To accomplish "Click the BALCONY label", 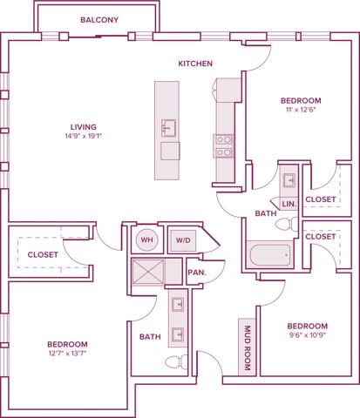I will [98, 19].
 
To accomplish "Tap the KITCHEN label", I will [195, 64].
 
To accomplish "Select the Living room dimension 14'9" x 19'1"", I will [84, 136].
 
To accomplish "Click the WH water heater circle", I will [146, 240].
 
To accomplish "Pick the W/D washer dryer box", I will [182, 240].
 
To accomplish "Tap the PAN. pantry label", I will [197, 273].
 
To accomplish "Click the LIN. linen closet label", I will [289, 204].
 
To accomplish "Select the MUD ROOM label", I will [248, 349].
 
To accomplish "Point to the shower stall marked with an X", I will [146, 272].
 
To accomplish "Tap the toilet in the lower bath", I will [173, 362].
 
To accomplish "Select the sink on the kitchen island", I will [169, 129].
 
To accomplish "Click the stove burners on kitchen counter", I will [223, 145].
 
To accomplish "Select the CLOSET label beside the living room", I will [43, 254].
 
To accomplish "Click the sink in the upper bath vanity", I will [289, 181].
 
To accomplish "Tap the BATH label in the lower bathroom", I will [149, 335].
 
